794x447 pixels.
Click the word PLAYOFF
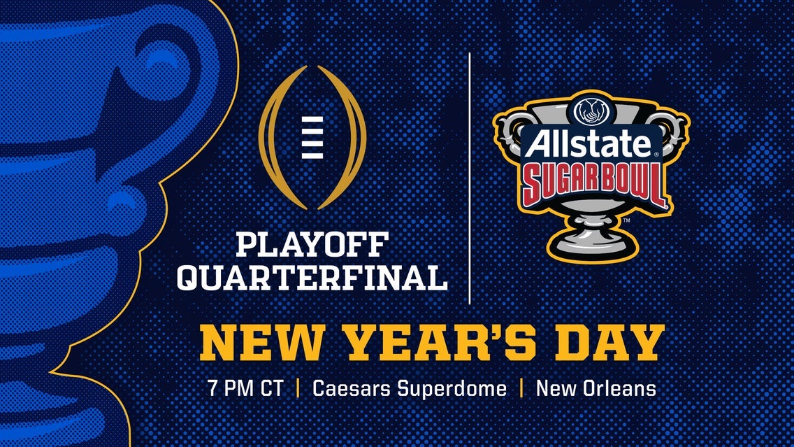311,246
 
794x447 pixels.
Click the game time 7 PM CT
245,389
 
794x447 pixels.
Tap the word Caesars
352,389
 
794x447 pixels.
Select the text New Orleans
596,389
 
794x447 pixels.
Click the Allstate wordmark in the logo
589,145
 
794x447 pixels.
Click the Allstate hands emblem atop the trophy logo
591,111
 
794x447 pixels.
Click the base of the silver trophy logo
591,241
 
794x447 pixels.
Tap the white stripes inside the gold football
312,136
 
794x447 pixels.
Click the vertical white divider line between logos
469,175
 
